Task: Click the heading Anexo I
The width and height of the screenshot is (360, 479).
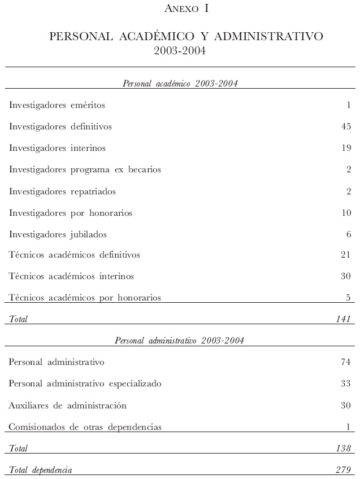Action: tap(180, 8)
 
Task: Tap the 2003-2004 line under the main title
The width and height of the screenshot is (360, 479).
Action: tap(180, 51)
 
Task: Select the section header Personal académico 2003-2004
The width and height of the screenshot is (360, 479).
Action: tap(180, 84)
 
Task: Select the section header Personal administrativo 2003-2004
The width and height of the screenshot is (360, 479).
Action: tap(180, 340)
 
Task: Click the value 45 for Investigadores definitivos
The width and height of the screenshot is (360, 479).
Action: tap(346, 127)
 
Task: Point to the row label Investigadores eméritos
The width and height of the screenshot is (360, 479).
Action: tap(57, 105)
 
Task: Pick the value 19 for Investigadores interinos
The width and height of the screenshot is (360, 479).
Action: tap(346, 148)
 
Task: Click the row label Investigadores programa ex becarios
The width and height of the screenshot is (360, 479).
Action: tap(85, 169)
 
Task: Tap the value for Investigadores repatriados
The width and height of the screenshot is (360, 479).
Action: tap(349, 191)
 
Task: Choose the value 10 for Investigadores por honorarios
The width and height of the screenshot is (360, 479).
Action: tap(346, 213)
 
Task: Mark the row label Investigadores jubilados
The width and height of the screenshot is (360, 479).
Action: tap(58, 234)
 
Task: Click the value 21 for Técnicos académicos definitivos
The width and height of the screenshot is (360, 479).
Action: tap(346, 255)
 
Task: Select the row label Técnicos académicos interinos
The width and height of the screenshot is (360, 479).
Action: tap(72, 277)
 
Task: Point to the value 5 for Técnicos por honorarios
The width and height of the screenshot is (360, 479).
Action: tap(349, 298)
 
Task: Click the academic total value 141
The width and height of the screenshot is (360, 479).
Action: tap(344, 319)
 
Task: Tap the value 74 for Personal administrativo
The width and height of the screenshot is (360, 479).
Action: tap(346, 362)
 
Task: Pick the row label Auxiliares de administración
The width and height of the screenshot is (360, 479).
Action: tap(68, 406)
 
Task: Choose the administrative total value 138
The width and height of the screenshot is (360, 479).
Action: tap(344, 448)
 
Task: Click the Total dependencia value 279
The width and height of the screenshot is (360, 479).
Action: tap(344, 470)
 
